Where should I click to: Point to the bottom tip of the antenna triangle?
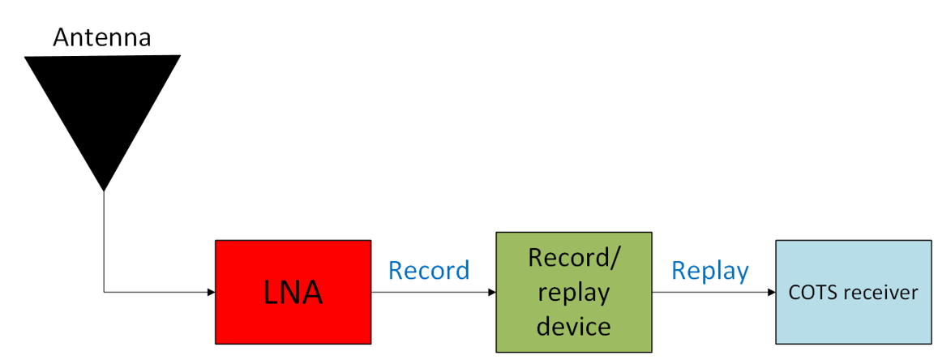[x=104, y=189]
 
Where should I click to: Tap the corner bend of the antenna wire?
[x=104, y=292]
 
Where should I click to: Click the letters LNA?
[x=293, y=293]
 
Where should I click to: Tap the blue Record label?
[x=429, y=270]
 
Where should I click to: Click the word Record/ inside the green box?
[x=574, y=257]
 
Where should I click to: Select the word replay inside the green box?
[x=573, y=291]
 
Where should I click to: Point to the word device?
[x=573, y=325]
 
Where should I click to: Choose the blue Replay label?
[x=710, y=270]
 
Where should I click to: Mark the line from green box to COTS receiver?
[x=710, y=292]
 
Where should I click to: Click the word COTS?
[x=811, y=293]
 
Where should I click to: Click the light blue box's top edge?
[x=853, y=241]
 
